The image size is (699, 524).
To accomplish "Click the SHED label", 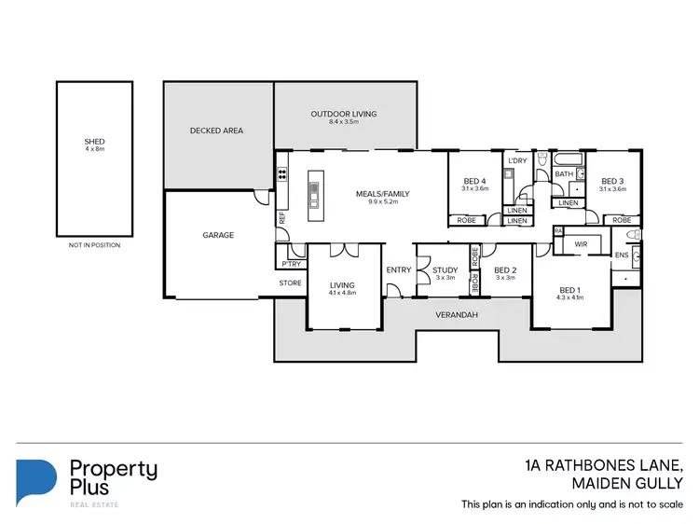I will tap(95, 143).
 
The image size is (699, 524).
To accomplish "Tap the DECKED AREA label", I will tap(216, 131).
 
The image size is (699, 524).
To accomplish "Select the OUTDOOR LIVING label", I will tap(344, 114).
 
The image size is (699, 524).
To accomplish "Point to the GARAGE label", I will tap(219, 235).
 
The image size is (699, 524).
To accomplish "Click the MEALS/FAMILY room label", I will tap(382, 194).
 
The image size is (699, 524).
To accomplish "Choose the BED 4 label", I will tap(474, 181).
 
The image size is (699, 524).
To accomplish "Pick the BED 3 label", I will tap(612, 181).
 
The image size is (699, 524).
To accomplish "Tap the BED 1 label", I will tap(570, 290).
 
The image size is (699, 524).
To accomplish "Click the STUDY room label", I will tap(445, 270).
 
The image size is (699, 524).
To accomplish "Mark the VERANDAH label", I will tap(457, 315).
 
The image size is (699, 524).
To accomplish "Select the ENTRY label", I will tap(398, 270).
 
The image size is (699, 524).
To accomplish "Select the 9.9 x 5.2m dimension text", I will tap(382, 202).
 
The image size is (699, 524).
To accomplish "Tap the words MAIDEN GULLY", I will tap(627, 482).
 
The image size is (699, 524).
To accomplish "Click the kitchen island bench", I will tap(313, 190).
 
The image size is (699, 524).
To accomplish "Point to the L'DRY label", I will tap(517, 160).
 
